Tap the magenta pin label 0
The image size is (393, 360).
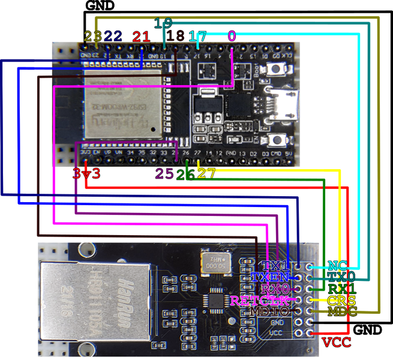tap(232, 37)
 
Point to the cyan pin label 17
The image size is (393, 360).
tap(197, 37)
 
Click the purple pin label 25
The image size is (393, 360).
tap(164, 174)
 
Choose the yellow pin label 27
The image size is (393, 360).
tap(206, 174)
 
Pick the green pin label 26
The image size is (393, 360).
tap(186, 174)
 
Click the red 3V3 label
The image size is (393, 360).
tap(86, 174)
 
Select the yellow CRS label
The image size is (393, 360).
tap(340, 300)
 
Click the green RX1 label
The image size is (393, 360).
tap(341, 289)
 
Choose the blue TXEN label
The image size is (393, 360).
tap(270, 277)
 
